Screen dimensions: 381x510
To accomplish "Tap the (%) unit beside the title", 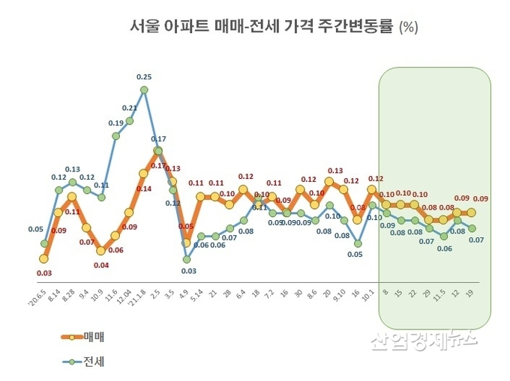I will tap(408, 28).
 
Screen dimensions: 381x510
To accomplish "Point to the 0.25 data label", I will tap(144, 76).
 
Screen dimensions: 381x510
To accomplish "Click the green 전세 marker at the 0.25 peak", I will tap(144, 90).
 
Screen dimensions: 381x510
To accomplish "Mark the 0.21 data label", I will tap(129, 108).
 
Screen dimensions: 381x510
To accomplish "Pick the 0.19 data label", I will tap(115, 123).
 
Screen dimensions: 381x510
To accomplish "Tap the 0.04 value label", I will tap(101, 265).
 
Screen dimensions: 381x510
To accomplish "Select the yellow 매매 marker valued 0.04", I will tap(101, 251).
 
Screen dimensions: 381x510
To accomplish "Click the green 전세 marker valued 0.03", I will tap(187, 259).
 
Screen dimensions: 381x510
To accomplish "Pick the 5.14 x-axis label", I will tap(198, 295).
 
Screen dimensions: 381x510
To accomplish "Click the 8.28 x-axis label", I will tap(68, 295).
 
